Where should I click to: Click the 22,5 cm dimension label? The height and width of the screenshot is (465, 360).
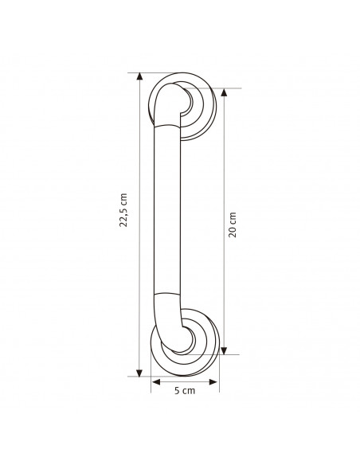click(123, 210)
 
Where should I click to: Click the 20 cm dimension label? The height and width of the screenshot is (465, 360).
click(233, 225)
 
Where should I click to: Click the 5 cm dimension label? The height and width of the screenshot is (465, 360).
click(185, 391)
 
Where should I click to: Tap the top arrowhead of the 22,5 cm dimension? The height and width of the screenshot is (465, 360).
click(139, 76)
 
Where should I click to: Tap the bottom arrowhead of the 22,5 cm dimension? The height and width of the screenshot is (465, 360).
click(139, 373)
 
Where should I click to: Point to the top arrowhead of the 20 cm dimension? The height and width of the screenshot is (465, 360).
click(224, 92)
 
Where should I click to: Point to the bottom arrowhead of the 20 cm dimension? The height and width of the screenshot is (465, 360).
click(224, 351)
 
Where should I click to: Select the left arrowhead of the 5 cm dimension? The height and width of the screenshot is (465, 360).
click(156, 382)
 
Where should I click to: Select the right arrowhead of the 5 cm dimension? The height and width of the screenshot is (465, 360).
click(213, 382)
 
